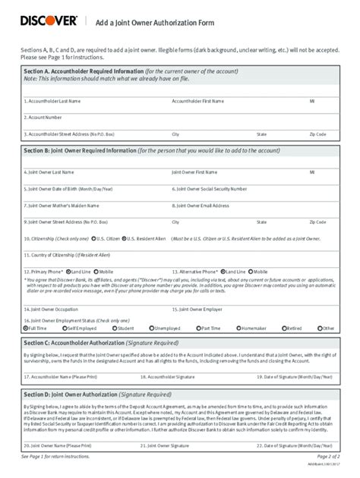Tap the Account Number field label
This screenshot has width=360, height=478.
point(43,118)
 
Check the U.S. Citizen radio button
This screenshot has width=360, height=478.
point(93,238)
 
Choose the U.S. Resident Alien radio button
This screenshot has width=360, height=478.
point(123,238)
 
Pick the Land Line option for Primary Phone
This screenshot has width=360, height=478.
point(69,270)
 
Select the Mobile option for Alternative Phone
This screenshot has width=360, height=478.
point(251,270)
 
